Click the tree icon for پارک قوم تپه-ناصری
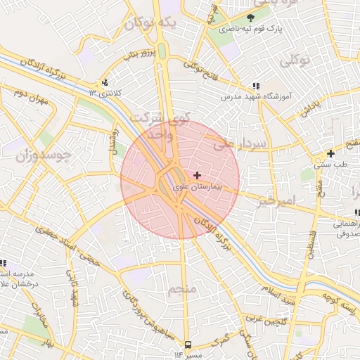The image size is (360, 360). click(x=251, y=18)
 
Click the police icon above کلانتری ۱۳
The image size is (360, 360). click(x=105, y=82)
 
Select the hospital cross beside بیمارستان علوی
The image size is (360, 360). click(x=197, y=175)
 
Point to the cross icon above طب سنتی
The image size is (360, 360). click(x=330, y=153)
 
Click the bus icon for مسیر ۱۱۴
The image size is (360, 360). click(x=188, y=345)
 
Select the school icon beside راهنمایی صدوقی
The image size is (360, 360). click(x=356, y=213)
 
